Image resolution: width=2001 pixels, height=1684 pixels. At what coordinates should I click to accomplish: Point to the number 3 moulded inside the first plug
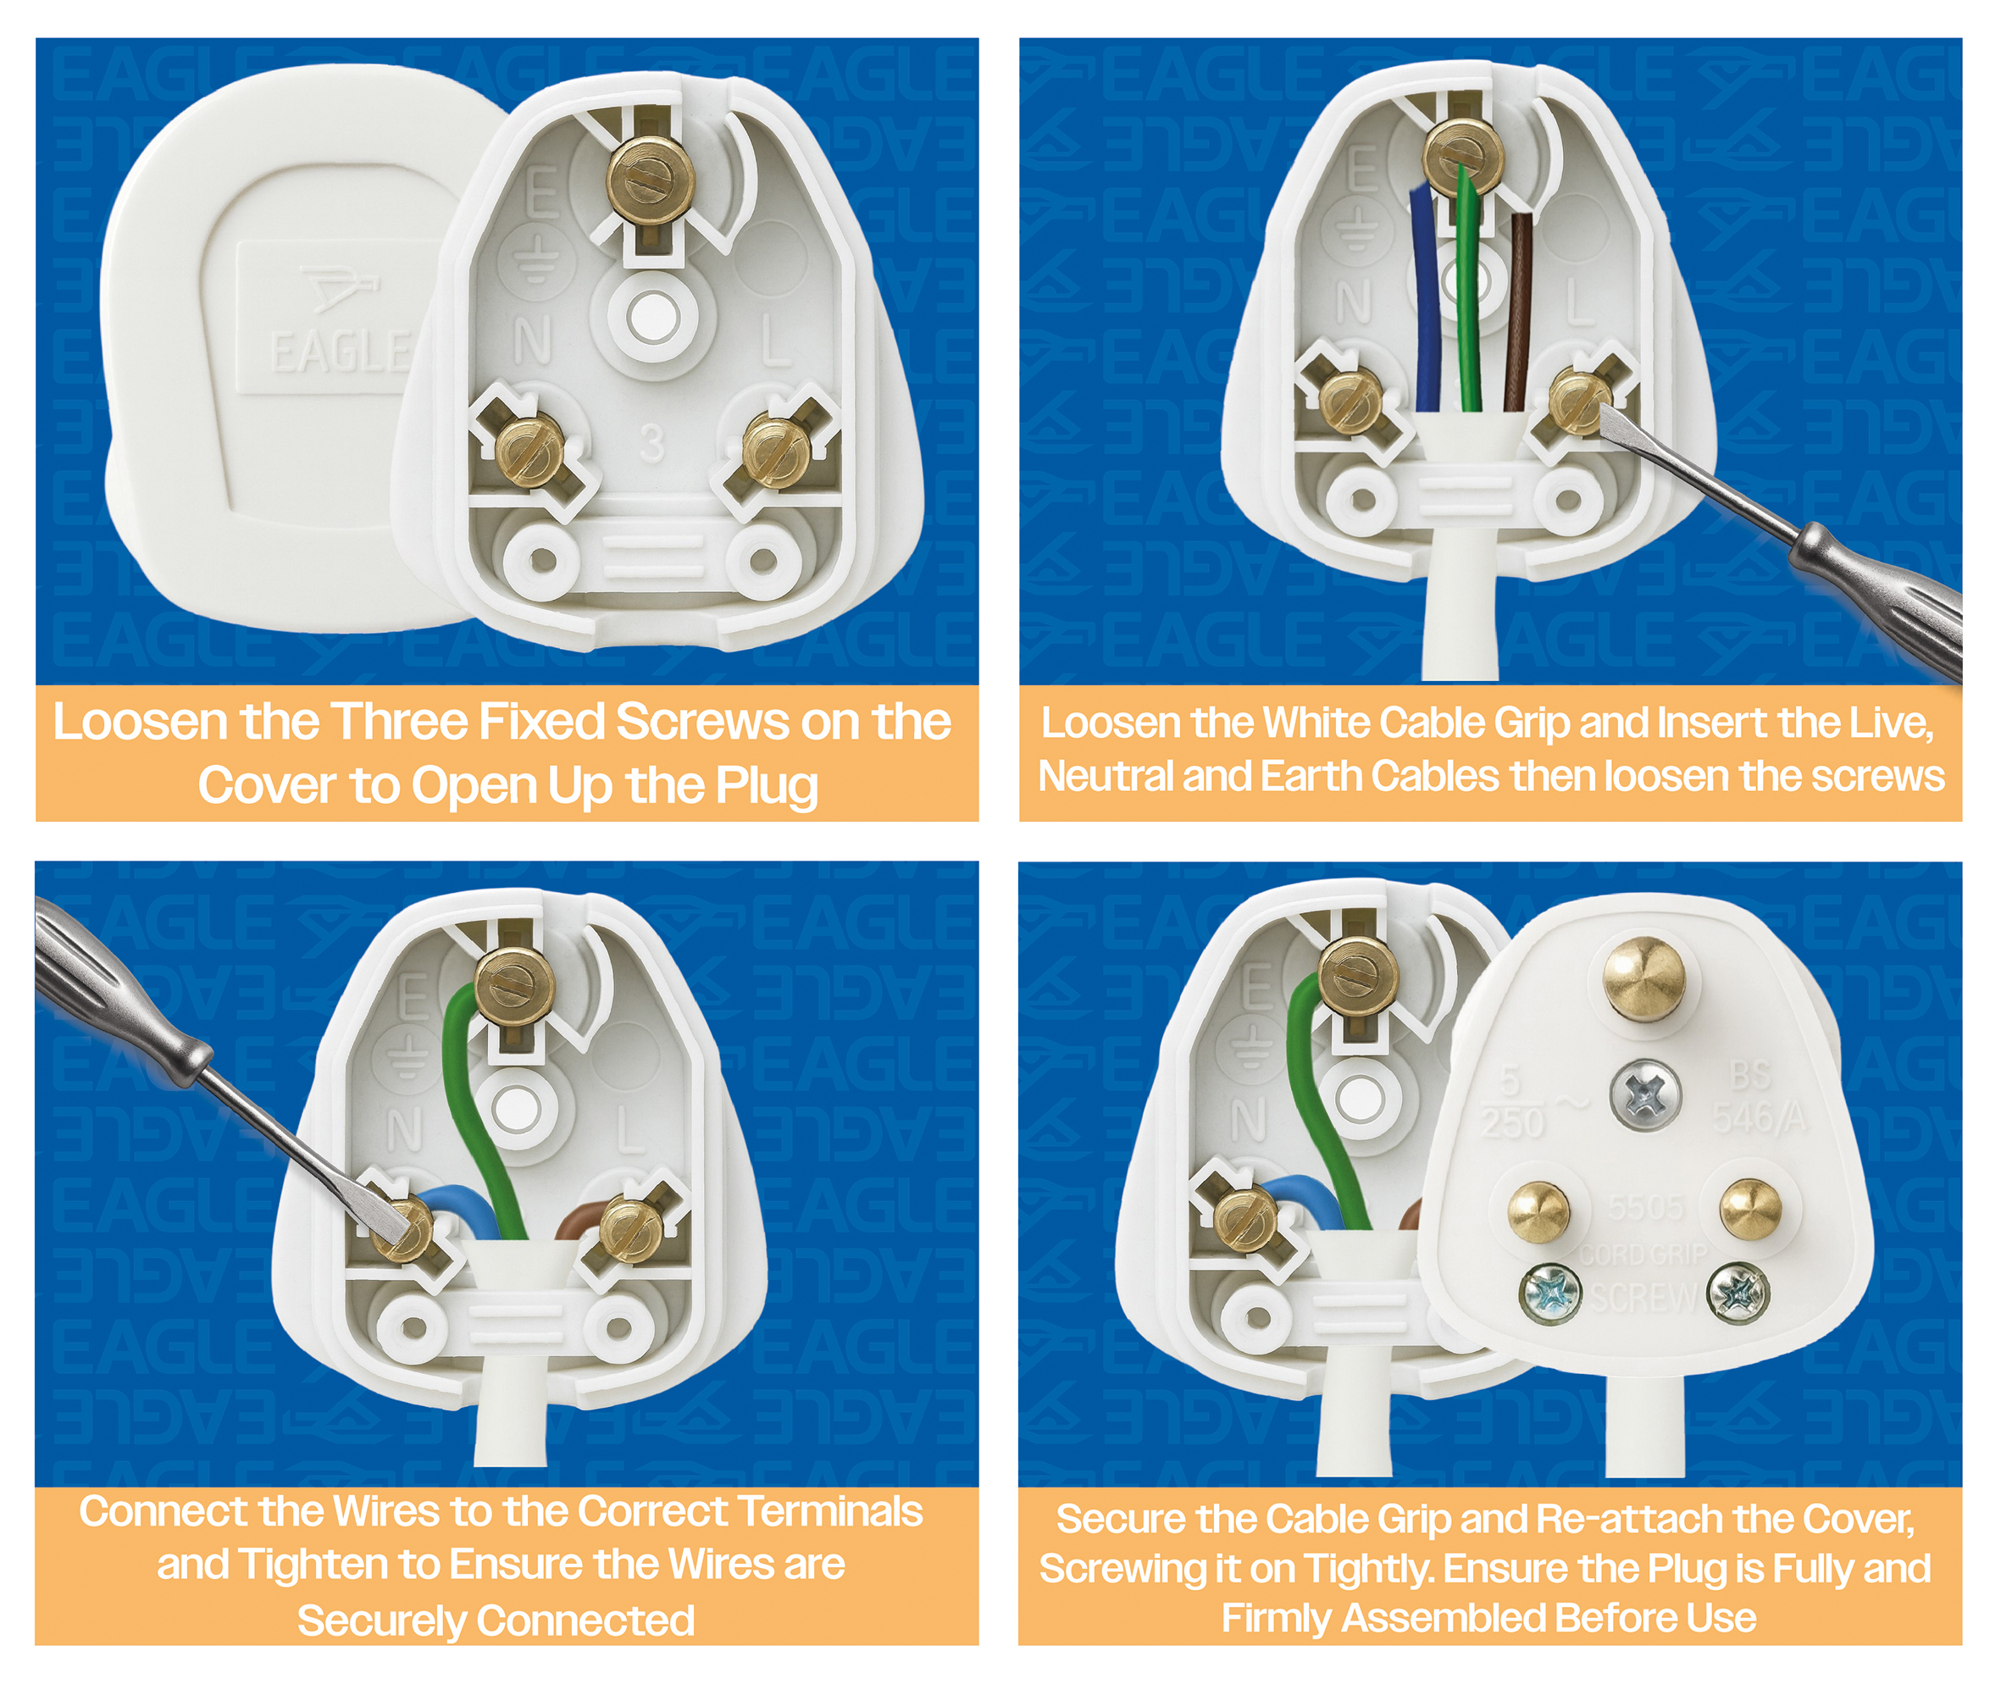pyautogui.click(x=652, y=443)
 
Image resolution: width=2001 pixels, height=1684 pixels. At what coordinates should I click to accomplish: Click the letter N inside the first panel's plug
pyautogui.click(x=533, y=341)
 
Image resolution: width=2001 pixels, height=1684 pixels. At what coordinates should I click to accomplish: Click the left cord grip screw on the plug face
pyautogui.click(x=1550, y=1293)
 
